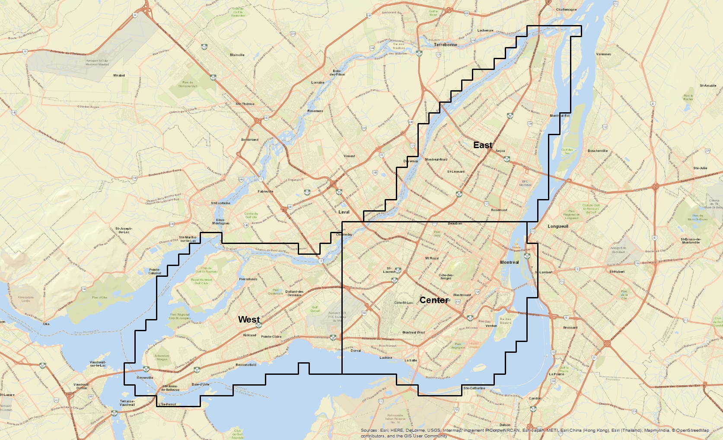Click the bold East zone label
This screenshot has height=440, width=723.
click(x=483, y=145)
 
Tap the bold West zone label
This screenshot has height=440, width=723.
click(x=249, y=320)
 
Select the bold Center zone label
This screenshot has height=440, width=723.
click(x=434, y=300)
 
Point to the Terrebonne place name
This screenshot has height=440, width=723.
click(x=445, y=45)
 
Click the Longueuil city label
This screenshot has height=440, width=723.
click(x=558, y=226)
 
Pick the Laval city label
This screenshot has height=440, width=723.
click(x=344, y=212)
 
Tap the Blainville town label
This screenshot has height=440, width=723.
click(x=237, y=55)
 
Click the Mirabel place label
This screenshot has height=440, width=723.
click(x=119, y=76)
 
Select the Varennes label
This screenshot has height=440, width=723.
click(x=603, y=54)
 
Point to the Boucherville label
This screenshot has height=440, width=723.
click(x=598, y=151)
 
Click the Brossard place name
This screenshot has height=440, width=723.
click(x=570, y=327)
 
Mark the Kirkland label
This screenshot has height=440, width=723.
click(x=250, y=335)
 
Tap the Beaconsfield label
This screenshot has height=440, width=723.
click(x=246, y=365)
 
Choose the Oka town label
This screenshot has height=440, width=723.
click(x=46, y=324)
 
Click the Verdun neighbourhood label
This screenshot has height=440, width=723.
click(x=491, y=326)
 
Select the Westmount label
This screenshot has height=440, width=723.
click(x=462, y=295)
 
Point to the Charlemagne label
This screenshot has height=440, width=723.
click(x=566, y=9)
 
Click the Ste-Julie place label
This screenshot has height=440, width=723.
click(x=700, y=168)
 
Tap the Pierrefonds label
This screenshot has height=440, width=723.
click(x=248, y=279)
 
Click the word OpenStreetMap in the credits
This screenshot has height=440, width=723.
click(x=693, y=431)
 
